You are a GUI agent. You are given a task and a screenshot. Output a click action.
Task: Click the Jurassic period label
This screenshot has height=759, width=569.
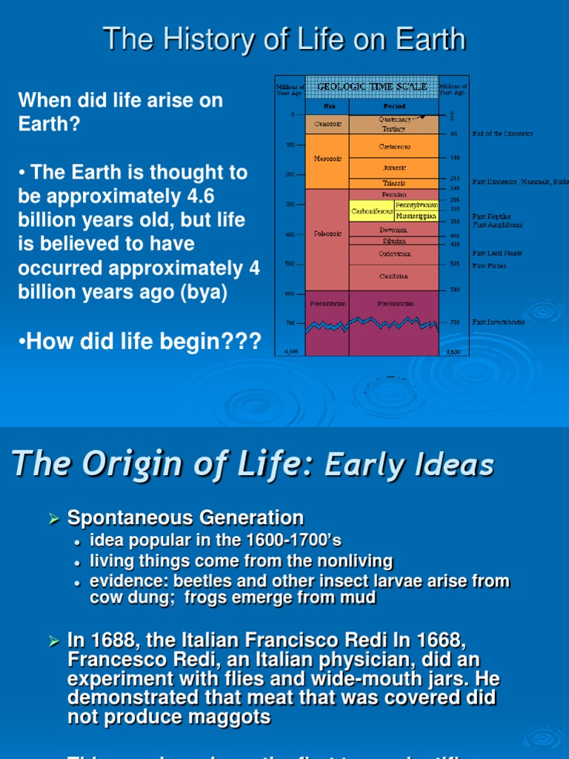pyautogui.click(x=393, y=168)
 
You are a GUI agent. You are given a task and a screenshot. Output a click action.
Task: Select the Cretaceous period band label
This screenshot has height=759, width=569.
pyautogui.click(x=394, y=147)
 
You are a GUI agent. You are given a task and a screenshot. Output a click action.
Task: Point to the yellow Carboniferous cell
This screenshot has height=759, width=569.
pyautogui.click(x=370, y=211)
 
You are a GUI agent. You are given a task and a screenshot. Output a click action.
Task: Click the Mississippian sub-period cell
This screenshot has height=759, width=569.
pyautogui.click(x=416, y=216)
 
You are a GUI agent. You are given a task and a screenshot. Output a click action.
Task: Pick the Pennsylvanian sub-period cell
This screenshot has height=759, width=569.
pyautogui.click(x=416, y=205)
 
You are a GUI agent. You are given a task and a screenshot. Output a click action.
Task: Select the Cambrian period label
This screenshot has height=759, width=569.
pyautogui.click(x=393, y=276)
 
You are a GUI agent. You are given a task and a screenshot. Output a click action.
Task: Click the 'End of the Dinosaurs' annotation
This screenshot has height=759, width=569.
pyautogui.click(x=502, y=134)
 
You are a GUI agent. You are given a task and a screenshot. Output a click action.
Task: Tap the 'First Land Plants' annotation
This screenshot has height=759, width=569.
pyautogui.click(x=497, y=253)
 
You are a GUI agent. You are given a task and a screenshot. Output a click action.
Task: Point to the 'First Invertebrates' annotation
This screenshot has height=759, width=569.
pyautogui.click(x=499, y=322)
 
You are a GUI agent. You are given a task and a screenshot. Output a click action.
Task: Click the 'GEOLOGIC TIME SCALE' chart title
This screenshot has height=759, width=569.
pyautogui.click(x=372, y=87)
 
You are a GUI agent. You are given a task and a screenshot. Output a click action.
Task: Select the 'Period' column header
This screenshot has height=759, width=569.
pyautogui.click(x=393, y=106)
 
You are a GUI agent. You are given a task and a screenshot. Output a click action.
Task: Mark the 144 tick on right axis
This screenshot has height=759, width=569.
pyautogui.click(x=454, y=159)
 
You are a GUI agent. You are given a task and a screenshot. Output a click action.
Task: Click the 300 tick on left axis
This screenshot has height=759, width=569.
pyautogui.click(x=290, y=204)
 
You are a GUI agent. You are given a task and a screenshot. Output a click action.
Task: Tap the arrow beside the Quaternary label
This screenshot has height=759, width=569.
pyautogui.click(x=419, y=116)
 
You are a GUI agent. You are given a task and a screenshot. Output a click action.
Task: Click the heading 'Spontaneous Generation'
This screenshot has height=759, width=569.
pyautogui.click(x=186, y=517)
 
